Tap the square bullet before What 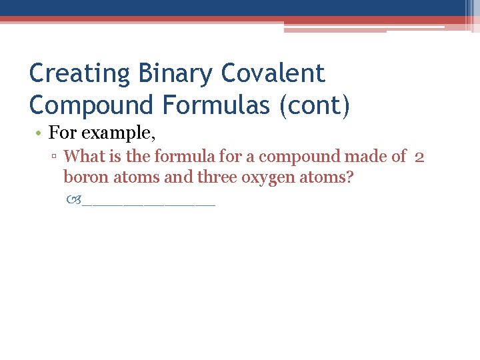[x=57, y=157]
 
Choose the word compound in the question [x=299, y=157]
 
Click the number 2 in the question [x=419, y=157]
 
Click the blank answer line [x=149, y=203]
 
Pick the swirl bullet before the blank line [x=75, y=199]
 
